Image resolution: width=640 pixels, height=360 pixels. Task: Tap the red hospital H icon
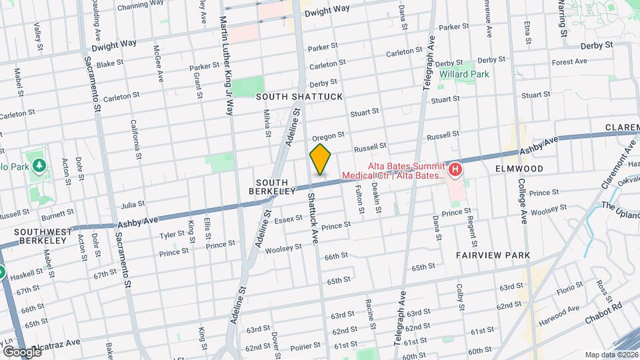point(456,170)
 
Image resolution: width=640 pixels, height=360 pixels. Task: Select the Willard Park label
point(465,74)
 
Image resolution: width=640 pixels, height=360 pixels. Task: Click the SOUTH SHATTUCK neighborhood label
point(299,97)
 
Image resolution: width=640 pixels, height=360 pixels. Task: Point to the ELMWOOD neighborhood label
point(520,169)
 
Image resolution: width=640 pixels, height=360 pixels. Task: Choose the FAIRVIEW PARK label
point(493,255)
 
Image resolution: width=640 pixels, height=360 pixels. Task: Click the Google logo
point(22,351)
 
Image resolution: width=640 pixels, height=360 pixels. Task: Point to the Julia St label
point(133,205)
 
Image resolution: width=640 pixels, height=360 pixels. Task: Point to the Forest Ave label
point(569,62)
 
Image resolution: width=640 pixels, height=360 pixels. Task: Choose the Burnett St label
point(58,214)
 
